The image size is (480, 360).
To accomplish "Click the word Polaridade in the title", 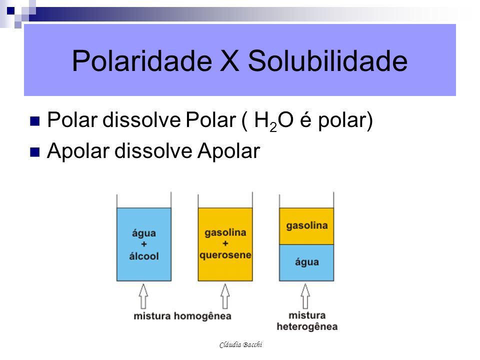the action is point(142,60).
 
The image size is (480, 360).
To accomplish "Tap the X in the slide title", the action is point(229,61).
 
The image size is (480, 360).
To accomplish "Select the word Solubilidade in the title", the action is point(327,60).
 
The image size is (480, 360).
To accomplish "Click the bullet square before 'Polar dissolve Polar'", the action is point(35,121).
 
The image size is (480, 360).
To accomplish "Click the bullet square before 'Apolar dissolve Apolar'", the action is point(35,152).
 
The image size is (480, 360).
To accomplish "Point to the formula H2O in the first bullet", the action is point(273,120).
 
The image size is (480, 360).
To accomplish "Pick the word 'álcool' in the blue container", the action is point(144,256).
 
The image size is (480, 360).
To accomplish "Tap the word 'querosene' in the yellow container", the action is point(225,255).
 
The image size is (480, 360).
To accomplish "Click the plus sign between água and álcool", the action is point(144,244).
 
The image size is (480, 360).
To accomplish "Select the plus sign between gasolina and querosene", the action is point(225,243).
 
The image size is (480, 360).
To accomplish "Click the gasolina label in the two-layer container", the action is point(307,226).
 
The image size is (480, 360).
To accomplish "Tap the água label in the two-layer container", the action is point(306,262).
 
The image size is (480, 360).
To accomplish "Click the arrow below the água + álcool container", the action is point(143,296).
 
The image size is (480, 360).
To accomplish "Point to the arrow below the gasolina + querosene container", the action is point(225,296).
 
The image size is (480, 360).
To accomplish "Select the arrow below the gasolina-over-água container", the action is point(305,296).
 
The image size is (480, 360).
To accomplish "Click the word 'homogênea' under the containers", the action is point(202,316).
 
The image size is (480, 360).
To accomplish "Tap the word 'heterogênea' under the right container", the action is point(307,327).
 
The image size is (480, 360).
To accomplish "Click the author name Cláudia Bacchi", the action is point(241,345).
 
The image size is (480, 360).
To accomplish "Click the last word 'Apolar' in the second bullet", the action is point(228,151).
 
